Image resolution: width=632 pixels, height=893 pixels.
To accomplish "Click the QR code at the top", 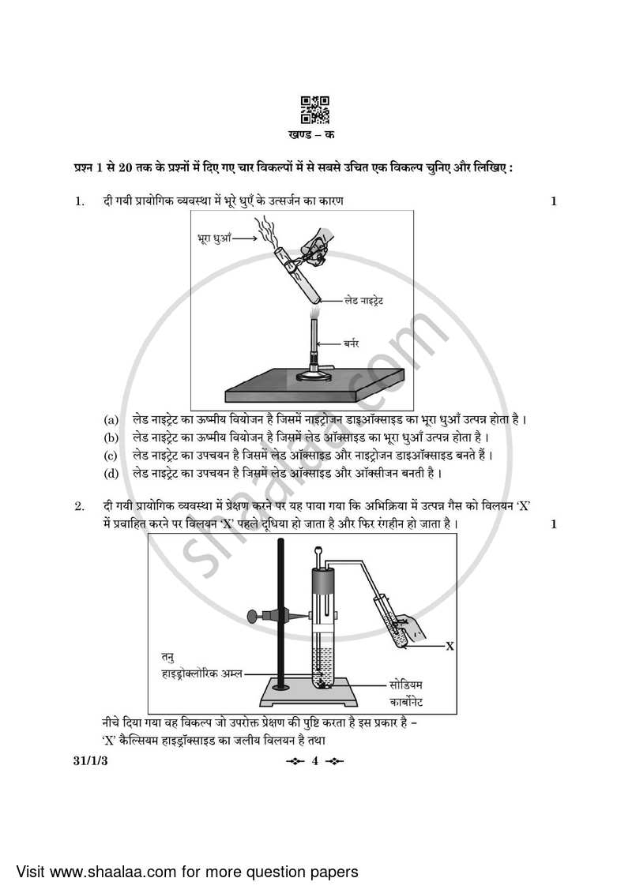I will [x=315, y=110].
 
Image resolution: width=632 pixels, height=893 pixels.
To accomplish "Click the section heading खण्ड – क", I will [x=315, y=135].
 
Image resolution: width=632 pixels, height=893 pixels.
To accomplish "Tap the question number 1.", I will [x=79, y=201].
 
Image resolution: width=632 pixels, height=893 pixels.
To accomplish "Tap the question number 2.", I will [x=79, y=505].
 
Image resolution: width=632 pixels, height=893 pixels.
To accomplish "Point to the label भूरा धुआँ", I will [x=213, y=236].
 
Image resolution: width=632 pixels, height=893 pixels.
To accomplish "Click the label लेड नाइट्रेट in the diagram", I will [x=363, y=301].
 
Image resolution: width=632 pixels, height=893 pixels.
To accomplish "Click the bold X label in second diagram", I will [x=450, y=646].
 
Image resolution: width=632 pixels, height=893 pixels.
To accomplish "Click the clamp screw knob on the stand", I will [x=253, y=616].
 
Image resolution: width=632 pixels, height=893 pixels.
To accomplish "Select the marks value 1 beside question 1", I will [x=554, y=201].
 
